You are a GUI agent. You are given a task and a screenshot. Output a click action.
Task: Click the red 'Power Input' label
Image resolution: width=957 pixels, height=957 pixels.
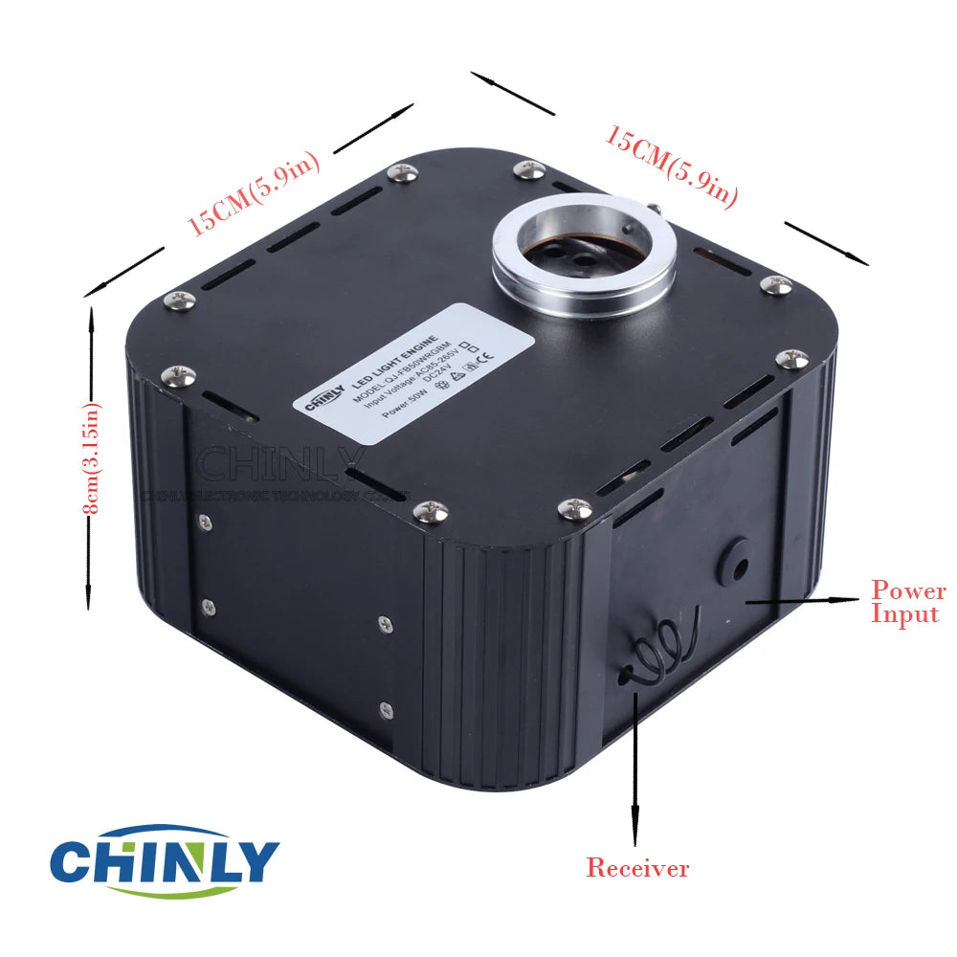click(x=907, y=602)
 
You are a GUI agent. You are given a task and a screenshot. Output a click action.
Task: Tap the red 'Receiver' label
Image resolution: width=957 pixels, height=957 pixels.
click(x=637, y=868)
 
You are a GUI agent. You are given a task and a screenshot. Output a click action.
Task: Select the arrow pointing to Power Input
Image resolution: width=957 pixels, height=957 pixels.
click(x=804, y=600)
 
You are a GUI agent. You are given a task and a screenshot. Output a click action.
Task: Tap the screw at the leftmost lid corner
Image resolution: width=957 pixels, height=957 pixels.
click(x=180, y=300)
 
